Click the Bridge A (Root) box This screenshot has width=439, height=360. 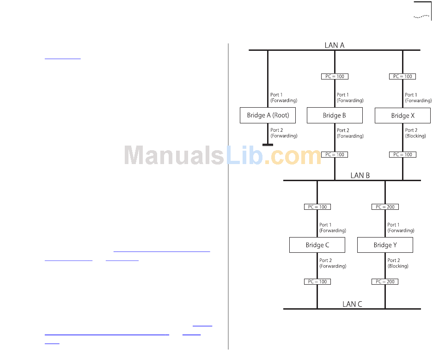tap(268, 116)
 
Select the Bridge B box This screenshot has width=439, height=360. tap(335, 116)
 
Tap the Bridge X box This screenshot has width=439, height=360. tap(402, 116)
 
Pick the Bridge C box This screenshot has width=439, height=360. tap(317, 245)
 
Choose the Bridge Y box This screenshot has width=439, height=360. tap(385, 245)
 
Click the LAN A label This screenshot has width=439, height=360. tap(335, 45)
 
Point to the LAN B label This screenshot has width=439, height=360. tap(360, 176)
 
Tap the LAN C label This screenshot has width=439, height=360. tap(352, 304)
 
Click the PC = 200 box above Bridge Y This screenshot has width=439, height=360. tap(385, 207)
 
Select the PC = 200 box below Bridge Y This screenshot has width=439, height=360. tap(385, 281)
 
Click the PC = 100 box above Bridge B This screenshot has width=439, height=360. tap(335, 76)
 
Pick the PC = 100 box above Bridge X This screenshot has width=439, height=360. tap(402, 76)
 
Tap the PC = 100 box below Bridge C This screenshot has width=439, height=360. tap(317, 281)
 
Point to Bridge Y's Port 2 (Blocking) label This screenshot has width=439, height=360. tap(398, 263)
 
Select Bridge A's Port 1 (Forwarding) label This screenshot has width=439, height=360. tap(283, 98)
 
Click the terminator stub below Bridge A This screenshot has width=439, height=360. tap(268, 145)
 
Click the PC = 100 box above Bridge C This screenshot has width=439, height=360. tap(317, 207)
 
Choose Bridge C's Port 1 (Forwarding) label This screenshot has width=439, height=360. tap(332, 228)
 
